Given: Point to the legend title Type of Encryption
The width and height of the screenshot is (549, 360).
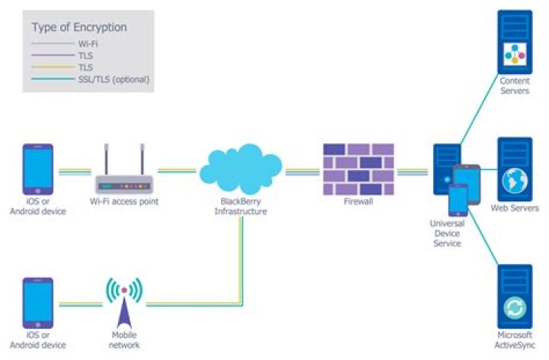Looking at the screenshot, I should click(79, 27).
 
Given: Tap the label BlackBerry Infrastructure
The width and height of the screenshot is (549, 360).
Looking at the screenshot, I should click(241, 206).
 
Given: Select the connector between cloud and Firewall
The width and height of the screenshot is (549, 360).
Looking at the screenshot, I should click(303, 171).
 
